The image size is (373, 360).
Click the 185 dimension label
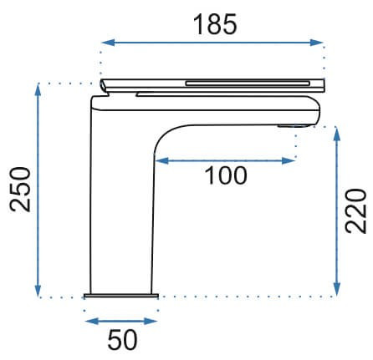coord(215,24)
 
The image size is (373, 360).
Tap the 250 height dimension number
coord(20,190)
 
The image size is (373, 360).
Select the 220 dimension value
coord(355,210)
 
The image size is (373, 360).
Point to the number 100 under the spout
coord(226,175)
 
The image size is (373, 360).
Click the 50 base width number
coord(122,340)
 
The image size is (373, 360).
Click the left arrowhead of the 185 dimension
coord(108,43)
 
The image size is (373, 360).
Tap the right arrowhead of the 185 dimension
coord(316,43)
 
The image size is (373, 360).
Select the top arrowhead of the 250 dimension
coord(38,89)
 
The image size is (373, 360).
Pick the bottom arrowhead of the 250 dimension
coord(38,291)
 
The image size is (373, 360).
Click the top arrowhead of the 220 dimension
coord(337,134)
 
